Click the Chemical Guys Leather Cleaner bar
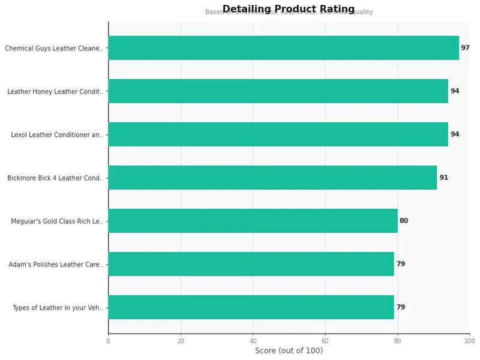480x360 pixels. [x=283, y=48]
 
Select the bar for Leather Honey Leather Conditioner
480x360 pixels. [x=278, y=91]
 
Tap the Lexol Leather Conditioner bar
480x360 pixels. [x=278, y=134]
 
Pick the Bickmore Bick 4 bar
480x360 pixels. [x=272, y=178]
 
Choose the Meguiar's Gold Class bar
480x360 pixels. [x=253, y=221]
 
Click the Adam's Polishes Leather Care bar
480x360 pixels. [x=251, y=264]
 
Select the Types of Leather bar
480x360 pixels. [x=251, y=307]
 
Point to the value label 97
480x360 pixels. [x=465, y=48]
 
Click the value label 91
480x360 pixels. [x=443, y=178]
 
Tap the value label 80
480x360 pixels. [x=404, y=221]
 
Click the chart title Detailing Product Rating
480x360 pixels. [x=289, y=9]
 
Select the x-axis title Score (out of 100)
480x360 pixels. [x=289, y=350]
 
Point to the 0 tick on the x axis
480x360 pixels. [x=108, y=341]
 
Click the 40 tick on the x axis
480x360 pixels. [x=253, y=341]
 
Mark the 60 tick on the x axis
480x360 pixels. [x=325, y=341]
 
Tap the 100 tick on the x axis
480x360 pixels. [x=469, y=341]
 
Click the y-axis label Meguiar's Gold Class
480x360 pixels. [x=56, y=221]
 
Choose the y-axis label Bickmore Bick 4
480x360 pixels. [x=55, y=178]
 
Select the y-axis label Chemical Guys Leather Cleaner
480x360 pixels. [x=53, y=49]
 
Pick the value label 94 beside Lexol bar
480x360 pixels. [x=455, y=134]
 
